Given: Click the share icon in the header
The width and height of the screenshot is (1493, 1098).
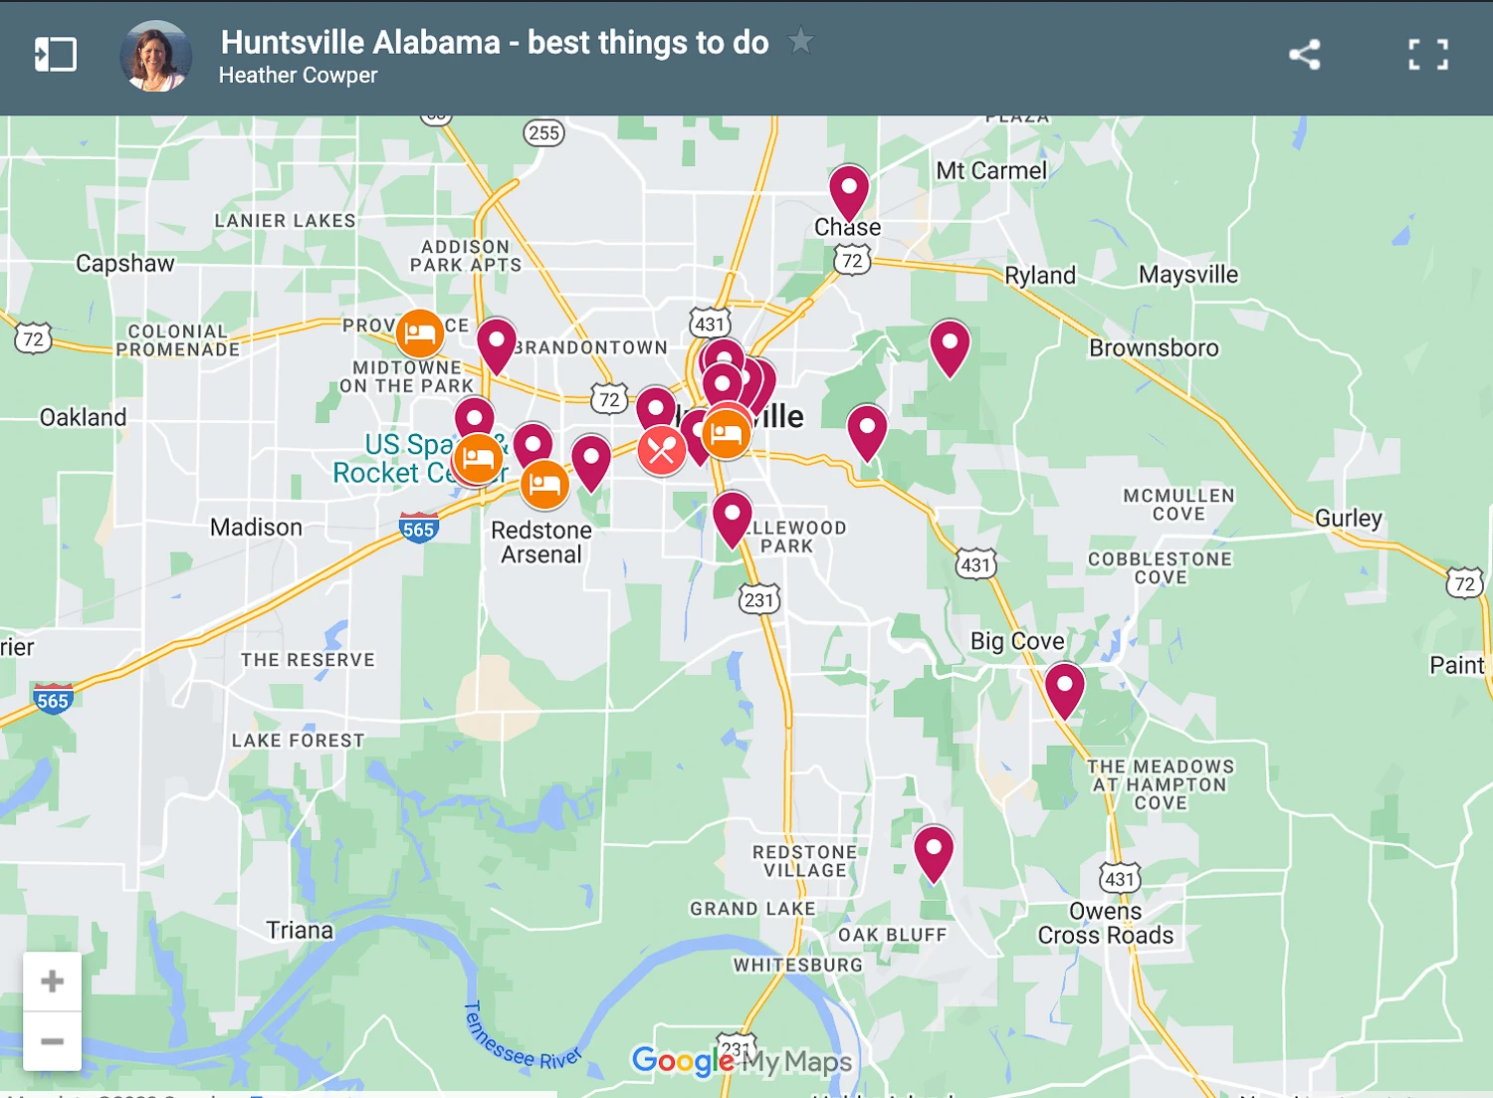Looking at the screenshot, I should tap(1304, 55).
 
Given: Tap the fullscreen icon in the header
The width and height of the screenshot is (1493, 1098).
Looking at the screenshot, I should tap(1428, 55).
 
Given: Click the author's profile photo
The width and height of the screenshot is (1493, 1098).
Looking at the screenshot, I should tap(156, 56).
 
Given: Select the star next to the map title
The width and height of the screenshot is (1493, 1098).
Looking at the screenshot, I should tap(800, 42).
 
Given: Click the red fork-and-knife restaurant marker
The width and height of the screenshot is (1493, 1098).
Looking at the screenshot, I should tap(661, 451).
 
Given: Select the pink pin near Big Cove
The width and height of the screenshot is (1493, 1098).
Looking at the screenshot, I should tap(1064, 687).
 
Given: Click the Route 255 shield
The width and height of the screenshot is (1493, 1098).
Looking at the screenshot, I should tap(543, 133).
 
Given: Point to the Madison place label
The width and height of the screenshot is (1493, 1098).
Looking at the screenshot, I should tap(256, 528).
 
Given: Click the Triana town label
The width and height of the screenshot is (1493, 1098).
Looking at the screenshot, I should tap(300, 931).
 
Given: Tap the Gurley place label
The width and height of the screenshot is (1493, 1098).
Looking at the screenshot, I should tap(1349, 519).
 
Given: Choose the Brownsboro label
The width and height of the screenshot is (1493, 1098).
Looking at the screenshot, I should tap(1154, 348).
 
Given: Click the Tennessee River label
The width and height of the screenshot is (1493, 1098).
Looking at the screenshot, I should tap(520, 1040).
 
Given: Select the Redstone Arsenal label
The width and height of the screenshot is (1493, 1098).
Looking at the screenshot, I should tap(541, 543).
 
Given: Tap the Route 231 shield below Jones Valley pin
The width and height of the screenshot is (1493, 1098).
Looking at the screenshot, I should tap(759, 600).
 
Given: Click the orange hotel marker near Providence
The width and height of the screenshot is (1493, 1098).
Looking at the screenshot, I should tap(420, 333).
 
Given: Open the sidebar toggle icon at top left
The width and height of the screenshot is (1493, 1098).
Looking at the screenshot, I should tap(56, 55).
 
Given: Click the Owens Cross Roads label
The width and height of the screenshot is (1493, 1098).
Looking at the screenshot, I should tap(1106, 924).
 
